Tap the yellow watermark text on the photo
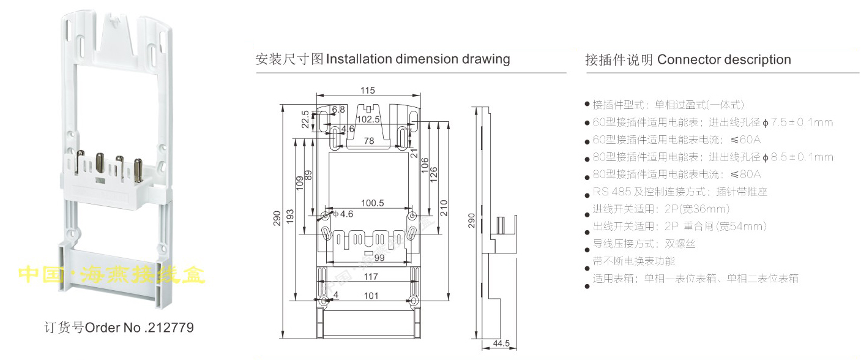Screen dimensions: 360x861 coord(112,274)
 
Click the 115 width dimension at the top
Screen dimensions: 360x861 coord(367,91)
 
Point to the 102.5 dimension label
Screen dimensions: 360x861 coord(368,119)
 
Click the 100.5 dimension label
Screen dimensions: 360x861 coord(372,203)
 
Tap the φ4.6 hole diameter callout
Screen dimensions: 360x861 coord(343,214)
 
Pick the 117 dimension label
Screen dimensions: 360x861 coord(370,277)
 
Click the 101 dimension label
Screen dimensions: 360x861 coord(371,296)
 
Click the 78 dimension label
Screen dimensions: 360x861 coord(370,141)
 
